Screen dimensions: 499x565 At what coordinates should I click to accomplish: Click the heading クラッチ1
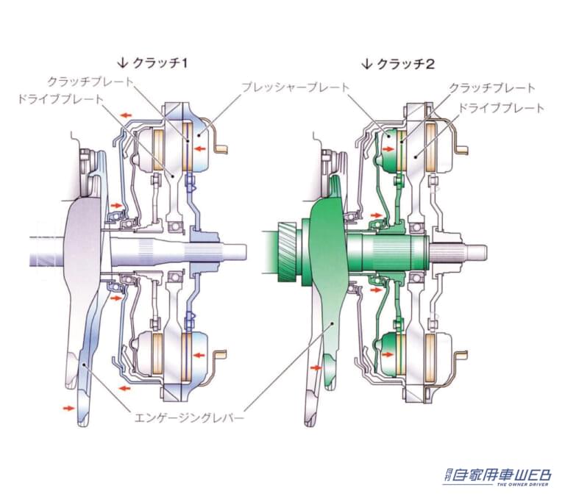click(x=162, y=64)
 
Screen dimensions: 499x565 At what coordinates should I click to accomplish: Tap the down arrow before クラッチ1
click(x=124, y=64)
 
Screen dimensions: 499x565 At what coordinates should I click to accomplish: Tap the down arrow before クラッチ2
click(x=366, y=64)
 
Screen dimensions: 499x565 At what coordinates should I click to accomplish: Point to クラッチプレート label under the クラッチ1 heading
click(x=90, y=82)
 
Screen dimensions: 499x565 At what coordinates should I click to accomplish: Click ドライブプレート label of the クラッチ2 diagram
click(x=501, y=108)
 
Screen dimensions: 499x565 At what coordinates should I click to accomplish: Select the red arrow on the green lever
click(x=317, y=365)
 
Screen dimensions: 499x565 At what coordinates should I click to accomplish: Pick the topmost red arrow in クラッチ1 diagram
click(x=128, y=115)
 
